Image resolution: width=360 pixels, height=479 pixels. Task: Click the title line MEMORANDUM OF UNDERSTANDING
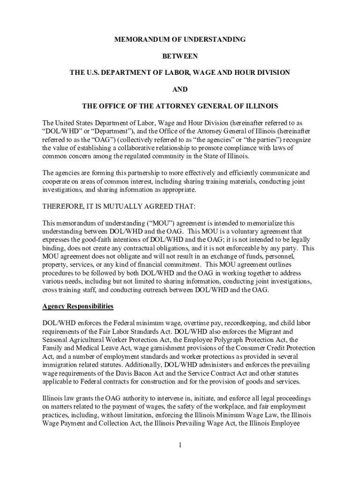tap(180, 40)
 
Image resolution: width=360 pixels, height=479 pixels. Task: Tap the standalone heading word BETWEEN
tap(180, 56)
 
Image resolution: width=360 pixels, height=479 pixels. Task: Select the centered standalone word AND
tap(180, 88)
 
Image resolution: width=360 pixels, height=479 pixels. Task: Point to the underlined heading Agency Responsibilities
tap(78, 306)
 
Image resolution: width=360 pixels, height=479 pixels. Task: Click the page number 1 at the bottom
tap(180, 444)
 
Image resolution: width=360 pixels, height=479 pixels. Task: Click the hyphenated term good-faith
tap(95, 239)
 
